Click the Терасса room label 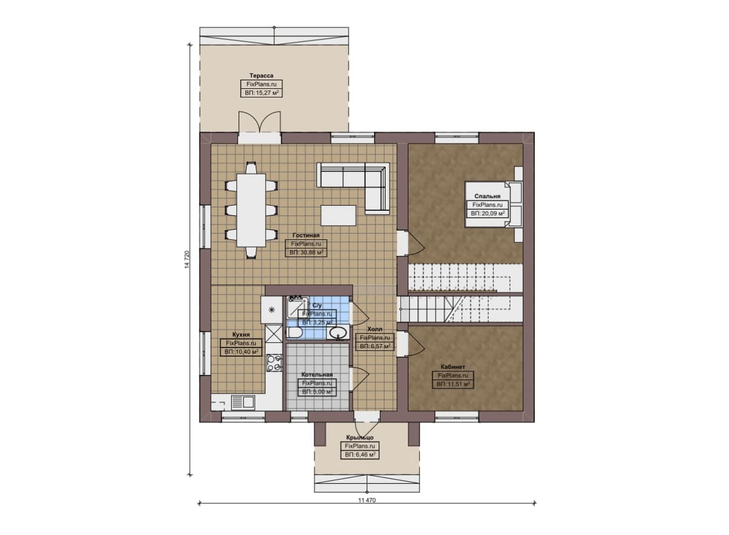(261, 76)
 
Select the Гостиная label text (306, 235)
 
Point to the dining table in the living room (251, 210)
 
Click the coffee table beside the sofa (338, 215)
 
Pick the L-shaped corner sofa (354, 188)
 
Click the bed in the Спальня (493, 204)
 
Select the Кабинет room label (453, 367)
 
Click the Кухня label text (241, 334)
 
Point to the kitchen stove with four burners (275, 363)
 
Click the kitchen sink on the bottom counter (243, 402)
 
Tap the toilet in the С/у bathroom (294, 333)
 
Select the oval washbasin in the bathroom (338, 333)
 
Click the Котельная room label (317, 374)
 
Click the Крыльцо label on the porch (359, 438)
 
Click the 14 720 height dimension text (187, 259)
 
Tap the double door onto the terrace (259, 122)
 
